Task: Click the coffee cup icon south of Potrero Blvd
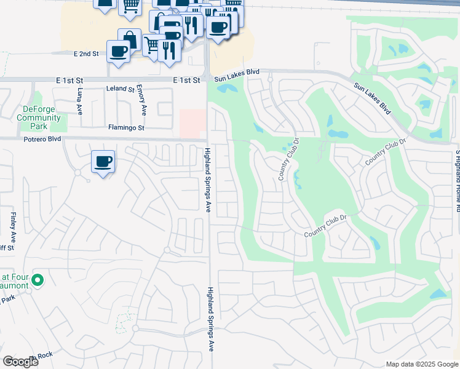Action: coord(103,162)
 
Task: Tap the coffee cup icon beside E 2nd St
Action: coord(118,51)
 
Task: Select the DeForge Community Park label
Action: coord(39,114)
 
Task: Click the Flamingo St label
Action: coord(126,128)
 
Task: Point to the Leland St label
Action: coord(120,89)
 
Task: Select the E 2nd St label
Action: coord(86,54)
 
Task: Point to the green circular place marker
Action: coord(37,280)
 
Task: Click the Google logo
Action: coord(20,362)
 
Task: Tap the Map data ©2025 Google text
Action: coord(421,364)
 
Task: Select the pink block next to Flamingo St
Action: coord(192,124)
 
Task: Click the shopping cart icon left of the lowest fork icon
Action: coord(152,44)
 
